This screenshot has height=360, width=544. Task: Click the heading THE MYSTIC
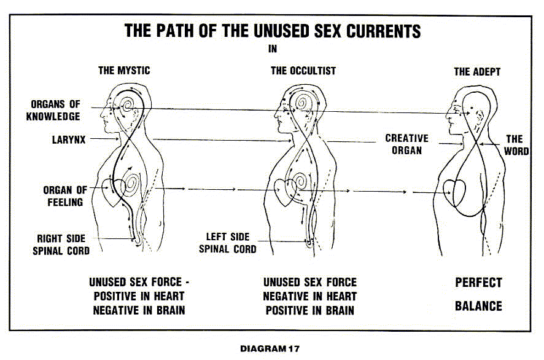[x=124, y=71]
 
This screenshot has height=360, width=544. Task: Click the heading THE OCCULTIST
[x=303, y=71]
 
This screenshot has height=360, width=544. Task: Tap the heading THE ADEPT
[x=477, y=72]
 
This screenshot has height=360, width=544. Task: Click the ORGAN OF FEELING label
[x=65, y=195]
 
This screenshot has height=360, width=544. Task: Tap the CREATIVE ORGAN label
[x=406, y=144]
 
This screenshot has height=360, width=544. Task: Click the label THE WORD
[x=516, y=144]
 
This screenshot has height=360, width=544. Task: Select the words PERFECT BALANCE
[x=478, y=294]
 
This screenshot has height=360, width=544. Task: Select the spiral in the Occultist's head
[x=303, y=106]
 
